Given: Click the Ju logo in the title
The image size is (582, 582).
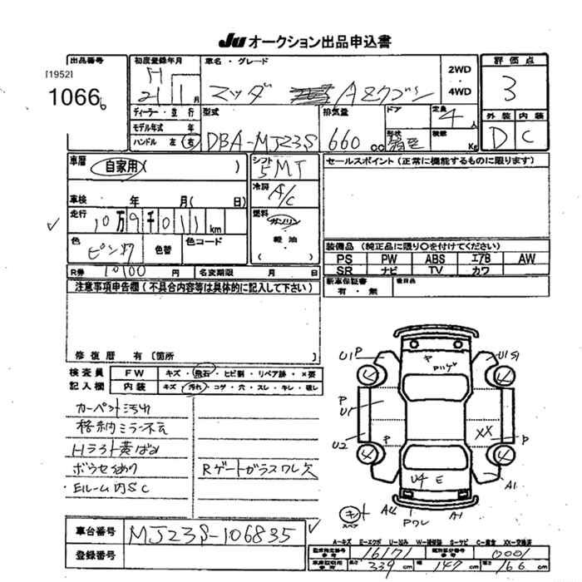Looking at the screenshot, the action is [229, 39].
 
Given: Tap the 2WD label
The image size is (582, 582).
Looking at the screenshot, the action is [459, 71].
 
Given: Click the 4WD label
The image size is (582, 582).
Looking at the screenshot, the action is [459, 91].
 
